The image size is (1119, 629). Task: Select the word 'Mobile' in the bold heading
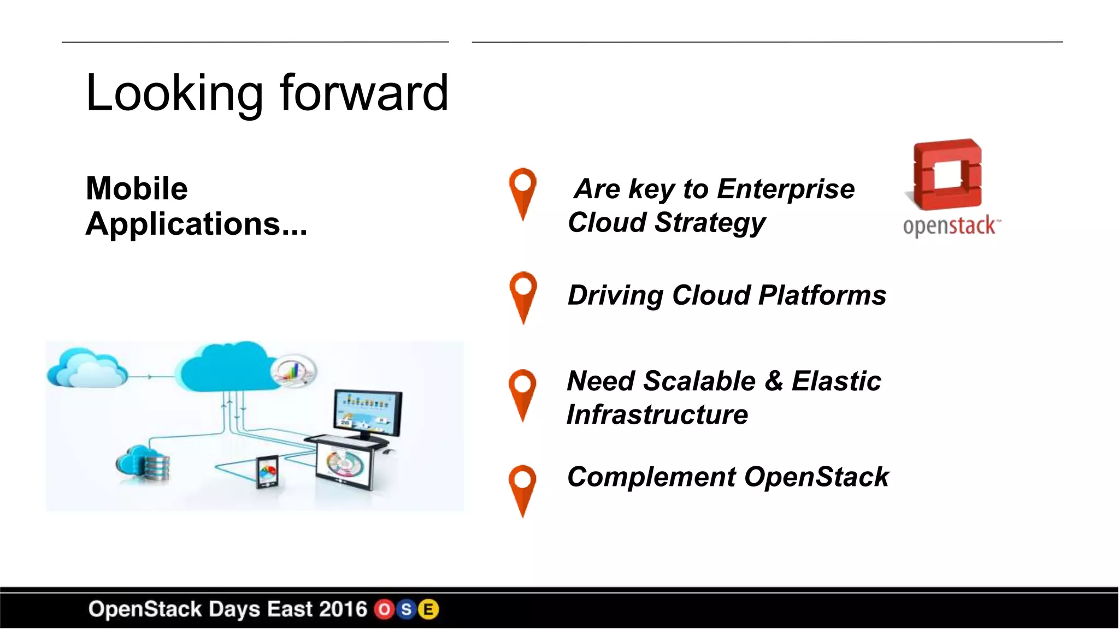coord(137,188)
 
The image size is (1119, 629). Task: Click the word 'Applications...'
coord(196,224)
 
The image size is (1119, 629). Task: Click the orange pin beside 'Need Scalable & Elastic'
coord(523,394)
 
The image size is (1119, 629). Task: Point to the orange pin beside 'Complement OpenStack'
coord(523,489)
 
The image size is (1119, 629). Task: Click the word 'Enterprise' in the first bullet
coord(786,189)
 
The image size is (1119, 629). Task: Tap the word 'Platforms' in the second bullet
coord(822,295)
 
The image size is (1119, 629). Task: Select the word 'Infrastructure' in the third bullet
coord(657,414)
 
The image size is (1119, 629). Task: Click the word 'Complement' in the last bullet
coord(651,477)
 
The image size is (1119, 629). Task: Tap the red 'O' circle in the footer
coord(385,609)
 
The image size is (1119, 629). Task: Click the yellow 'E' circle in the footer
coord(429,609)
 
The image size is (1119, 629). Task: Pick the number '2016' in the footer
coord(343,609)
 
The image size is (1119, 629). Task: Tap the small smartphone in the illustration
coord(267,471)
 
